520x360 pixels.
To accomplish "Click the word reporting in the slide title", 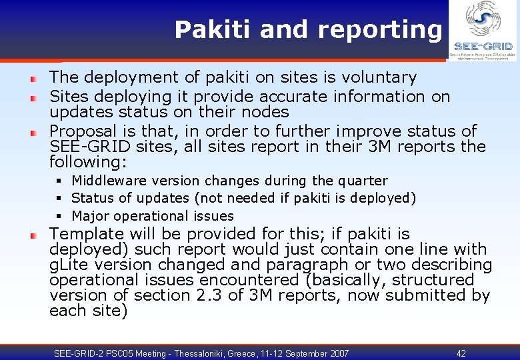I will (x=379, y=30).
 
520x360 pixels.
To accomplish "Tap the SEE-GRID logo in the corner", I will (x=483, y=31).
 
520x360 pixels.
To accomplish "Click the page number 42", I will (x=461, y=353).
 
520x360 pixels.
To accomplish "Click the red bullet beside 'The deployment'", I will (x=33, y=79).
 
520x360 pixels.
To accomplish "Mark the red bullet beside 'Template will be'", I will (x=33, y=235).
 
